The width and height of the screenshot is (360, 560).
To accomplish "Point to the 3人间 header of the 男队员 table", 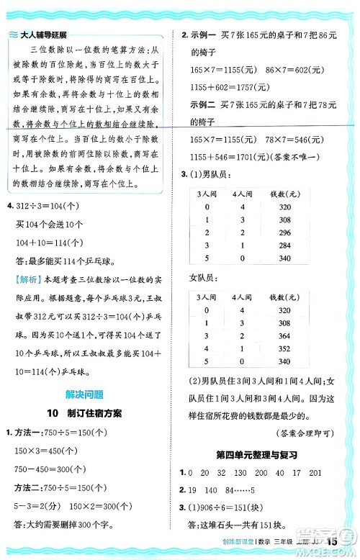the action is pyautogui.click(x=206, y=194).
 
